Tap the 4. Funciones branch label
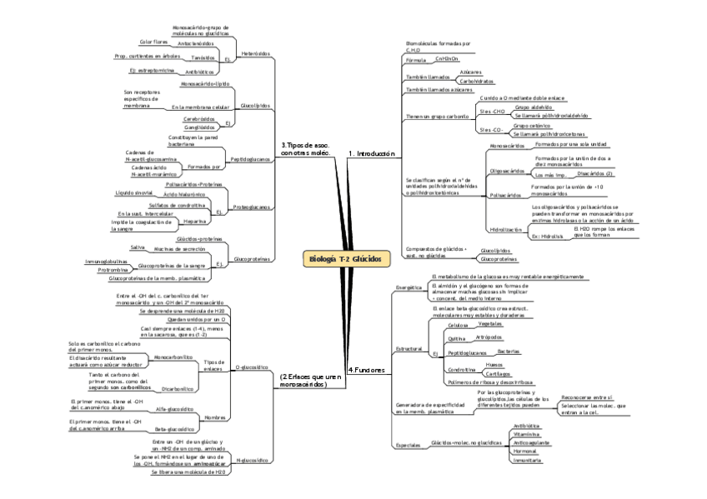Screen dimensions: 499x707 pos(366,369)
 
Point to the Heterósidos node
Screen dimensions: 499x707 pos(255,52)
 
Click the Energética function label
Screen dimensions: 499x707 pos(409,287)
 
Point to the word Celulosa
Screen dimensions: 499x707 pos(459,325)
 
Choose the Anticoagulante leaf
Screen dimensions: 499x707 pos(532,442)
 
